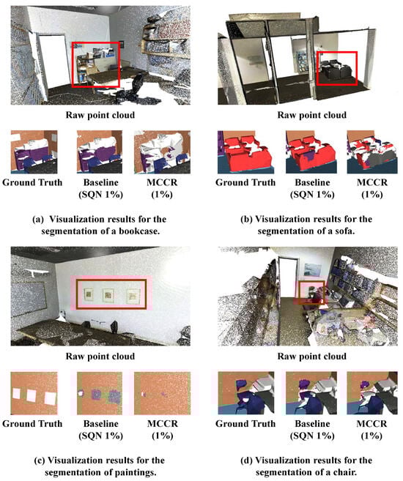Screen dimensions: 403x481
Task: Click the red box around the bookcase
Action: point(72,64)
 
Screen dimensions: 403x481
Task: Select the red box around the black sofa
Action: point(317,68)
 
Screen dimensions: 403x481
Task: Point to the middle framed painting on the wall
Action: point(108,295)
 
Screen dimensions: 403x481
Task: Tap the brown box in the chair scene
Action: point(299,292)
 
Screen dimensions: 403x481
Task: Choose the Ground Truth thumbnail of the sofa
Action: point(246,152)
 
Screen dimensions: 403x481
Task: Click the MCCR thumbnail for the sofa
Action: point(372,152)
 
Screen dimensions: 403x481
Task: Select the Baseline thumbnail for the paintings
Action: point(100,393)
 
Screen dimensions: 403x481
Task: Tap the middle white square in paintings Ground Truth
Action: point(32,396)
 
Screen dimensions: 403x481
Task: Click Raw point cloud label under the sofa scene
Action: point(312,115)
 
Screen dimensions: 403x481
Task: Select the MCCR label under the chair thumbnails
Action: point(371,424)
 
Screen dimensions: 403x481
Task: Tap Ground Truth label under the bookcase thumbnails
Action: point(32,182)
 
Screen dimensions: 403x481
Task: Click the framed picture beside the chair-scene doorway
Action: point(312,269)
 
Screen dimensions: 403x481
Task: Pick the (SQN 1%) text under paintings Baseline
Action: point(100,436)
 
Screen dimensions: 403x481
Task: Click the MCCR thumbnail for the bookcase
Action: point(162,152)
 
